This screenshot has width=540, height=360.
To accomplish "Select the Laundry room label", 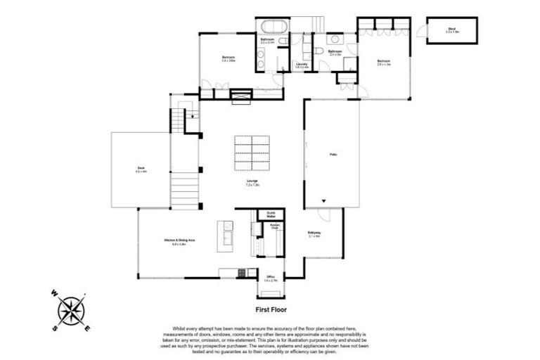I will (302, 65).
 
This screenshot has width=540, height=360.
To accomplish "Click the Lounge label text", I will (252, 184).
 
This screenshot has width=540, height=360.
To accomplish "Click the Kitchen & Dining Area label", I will (174, 243).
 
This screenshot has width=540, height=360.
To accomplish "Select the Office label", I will (271, 278).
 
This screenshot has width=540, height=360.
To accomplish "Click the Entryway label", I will (314, 234).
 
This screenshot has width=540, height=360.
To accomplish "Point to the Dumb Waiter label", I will (271, 214).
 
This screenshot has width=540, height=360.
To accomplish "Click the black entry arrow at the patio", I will (323, 200).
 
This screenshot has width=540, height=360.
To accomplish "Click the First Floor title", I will (270, 309).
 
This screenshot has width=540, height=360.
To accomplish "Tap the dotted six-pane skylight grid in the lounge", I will (252, 153).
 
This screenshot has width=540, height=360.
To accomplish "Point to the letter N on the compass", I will (84, 291).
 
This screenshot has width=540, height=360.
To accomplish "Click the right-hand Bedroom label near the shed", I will (382, 62).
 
